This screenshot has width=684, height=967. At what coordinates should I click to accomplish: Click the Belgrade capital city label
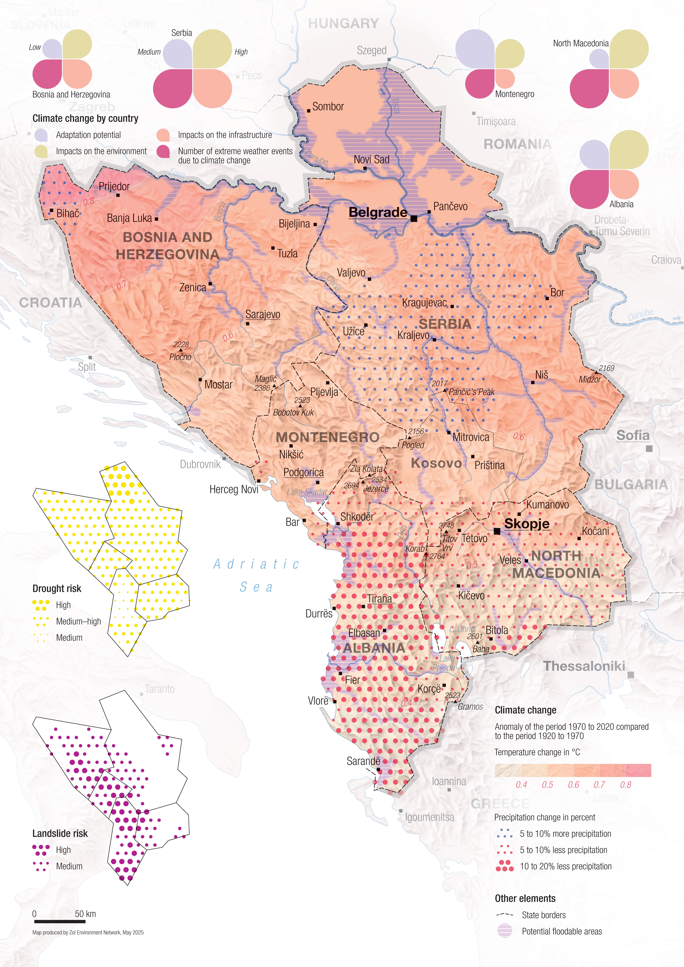378,212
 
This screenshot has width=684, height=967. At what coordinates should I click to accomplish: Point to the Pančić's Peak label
471,392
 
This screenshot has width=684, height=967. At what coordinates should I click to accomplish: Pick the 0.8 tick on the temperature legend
625,785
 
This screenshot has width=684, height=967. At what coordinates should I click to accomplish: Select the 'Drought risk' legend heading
57,588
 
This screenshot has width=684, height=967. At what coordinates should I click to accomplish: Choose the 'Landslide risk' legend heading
60,833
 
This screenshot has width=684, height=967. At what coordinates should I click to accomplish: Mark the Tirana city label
379,598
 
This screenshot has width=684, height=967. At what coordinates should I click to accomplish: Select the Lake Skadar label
307,492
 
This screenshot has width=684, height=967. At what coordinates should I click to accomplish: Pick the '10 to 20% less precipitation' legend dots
505,866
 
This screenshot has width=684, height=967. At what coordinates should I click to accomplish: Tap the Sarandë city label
363,761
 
